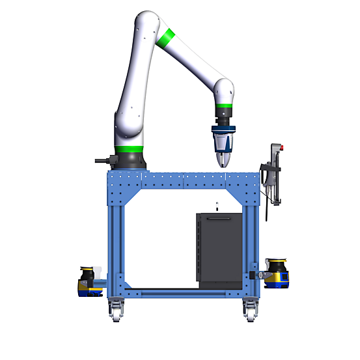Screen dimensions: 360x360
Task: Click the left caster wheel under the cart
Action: point(116,312)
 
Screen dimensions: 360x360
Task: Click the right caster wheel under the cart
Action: point(249,312)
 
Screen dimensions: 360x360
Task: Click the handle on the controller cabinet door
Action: point(218,220)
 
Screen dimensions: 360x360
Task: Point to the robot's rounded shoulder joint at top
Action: point(146,26)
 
